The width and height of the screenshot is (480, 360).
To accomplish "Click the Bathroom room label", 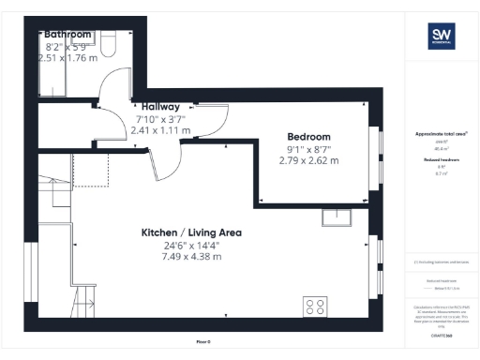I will click(x=68, y=33).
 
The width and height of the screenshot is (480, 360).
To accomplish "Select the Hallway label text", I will click(x=161, y=107).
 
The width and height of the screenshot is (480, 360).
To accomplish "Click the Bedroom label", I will click(x=308, y=136).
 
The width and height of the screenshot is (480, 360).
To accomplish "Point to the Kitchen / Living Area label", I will click(x=191, y=232).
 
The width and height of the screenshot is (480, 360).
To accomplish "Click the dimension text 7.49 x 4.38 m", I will click(x=191, y=256).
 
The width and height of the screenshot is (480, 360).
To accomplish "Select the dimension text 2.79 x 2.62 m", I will click(x=308, y=160).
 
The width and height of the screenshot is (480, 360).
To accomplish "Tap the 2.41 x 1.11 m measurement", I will click(x=162, y=130).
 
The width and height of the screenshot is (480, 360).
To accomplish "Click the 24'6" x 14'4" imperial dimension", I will click(x=191, y=245).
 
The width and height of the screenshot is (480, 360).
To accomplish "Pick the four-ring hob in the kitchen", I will click(x=314, y=307).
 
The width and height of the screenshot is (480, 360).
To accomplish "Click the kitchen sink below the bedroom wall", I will click(x=336, y=217).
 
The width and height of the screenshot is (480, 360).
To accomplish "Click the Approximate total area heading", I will click(x=441, y=134).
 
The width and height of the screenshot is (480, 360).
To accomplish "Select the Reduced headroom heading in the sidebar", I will click(x=441, y=160).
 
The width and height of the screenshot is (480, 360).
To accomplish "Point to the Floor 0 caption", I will click(x=203, y=341).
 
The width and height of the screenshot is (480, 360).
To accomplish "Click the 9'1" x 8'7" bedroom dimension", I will click(x=308, y=148).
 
